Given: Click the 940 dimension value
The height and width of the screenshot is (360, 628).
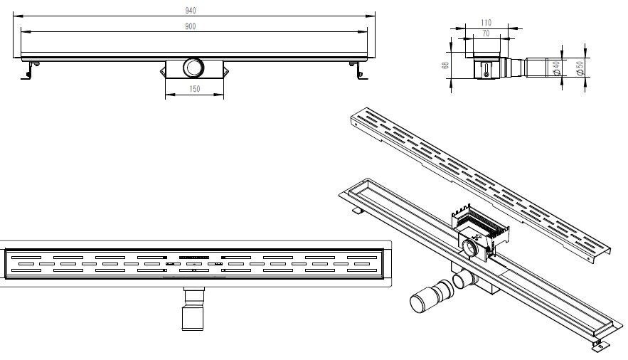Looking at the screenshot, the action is (191, 11).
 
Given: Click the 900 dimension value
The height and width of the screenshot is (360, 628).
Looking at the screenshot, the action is (191, 26).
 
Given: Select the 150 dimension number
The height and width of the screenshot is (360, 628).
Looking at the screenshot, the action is (194, 89).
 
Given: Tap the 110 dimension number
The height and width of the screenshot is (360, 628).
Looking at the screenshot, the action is (486, 23).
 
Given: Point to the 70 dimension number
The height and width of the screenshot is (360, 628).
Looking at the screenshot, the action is (486, 33).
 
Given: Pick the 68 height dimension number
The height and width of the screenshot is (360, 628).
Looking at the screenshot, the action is (445, 65).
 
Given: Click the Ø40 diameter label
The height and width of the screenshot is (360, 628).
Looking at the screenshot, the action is (556, 68).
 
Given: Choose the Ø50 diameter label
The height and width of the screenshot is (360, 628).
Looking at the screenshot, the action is (579, 68).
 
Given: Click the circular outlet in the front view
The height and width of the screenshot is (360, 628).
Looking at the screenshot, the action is (193, 68).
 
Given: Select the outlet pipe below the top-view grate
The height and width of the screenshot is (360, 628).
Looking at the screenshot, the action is (193, 308).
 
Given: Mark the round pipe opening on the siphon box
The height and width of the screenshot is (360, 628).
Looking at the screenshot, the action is (470, 247).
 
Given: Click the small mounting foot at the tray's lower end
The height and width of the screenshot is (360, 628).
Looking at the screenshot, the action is (600, 346).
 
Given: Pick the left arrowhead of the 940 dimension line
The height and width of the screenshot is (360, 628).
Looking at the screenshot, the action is (17, 16).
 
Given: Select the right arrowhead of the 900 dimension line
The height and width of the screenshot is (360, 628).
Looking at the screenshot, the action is (363, 31).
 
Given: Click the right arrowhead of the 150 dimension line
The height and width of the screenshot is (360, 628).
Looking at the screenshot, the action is (220, 95).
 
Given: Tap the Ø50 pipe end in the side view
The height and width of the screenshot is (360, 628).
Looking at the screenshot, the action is (537, 68).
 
